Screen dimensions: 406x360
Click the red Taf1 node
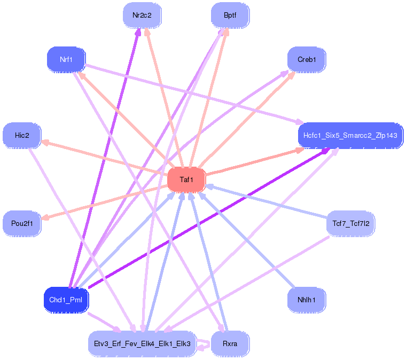(186, 179)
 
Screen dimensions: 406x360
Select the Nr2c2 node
(142, 15)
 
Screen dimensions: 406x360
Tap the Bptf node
(230, 15)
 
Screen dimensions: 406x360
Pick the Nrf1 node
(66, 59)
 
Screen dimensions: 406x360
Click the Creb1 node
(307, 59)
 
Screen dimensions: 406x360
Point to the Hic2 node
(22, 135)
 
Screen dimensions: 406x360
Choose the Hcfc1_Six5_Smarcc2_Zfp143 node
(350, 135)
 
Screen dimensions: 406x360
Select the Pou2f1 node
(22, 224)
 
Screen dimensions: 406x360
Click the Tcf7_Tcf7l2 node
(350, 224)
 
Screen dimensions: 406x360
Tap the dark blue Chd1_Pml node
(66, 300)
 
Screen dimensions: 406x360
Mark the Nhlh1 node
(307, 300)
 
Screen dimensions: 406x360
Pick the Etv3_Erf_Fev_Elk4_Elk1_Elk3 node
(142, 343)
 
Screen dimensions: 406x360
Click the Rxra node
(230, 343)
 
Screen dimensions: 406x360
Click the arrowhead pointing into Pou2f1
(45, 217)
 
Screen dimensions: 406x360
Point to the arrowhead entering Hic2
(45, 142)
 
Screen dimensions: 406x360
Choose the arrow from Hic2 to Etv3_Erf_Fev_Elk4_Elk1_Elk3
(82, 240)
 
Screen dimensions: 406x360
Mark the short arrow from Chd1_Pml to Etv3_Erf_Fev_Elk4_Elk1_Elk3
(105, 323)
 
